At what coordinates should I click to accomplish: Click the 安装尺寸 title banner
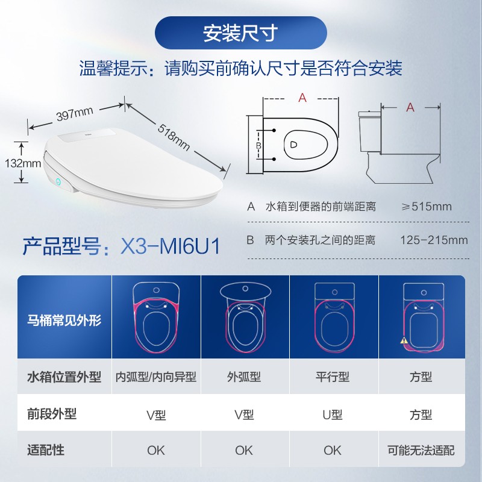240,33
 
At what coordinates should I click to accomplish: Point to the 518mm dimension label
174,137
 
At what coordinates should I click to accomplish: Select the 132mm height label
23,163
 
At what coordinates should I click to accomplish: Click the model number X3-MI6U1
171,246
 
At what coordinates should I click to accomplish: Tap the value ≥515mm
427,206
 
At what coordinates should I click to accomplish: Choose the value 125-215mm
434,240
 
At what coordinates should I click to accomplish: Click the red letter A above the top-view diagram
302,98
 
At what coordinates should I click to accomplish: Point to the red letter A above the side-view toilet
410,107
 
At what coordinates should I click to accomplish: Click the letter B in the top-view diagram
259,145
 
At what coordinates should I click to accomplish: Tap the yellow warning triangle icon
404,340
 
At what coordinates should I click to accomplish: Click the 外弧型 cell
244,377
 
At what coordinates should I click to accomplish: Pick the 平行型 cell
333,377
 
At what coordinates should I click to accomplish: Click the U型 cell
333,415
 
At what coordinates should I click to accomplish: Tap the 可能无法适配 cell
421,450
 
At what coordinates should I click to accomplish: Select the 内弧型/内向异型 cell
156,377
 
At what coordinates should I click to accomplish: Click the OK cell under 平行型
333,450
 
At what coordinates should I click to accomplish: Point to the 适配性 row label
46,450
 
